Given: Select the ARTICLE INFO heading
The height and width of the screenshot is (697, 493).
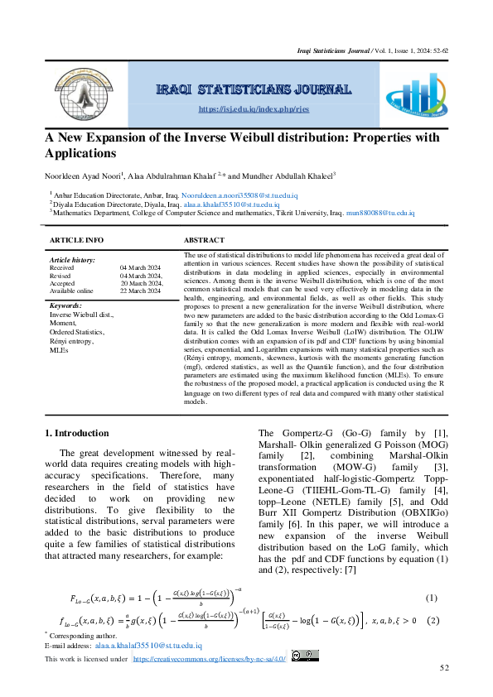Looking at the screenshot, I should tap(77, 240).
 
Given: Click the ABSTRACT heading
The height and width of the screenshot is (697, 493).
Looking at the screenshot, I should tap(205, 240).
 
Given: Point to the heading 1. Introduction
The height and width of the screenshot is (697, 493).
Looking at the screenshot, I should tap(76, 433).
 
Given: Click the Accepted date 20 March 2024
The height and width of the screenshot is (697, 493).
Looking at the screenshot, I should tap(141, 283).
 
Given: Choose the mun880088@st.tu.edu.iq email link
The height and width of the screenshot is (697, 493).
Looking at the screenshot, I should tap(380, 213).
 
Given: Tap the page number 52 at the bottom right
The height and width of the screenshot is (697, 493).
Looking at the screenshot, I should tap(444, 668).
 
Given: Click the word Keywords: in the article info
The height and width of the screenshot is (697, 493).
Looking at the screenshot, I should tap(65, 306).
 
